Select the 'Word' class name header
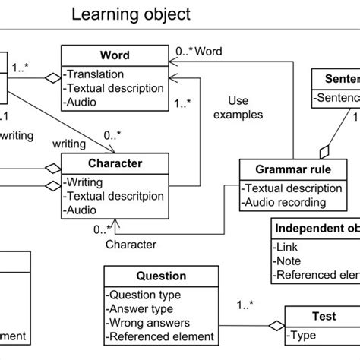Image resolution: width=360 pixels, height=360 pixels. pyautogui.click(x=114, y=55)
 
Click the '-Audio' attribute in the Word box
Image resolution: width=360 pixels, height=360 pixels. pyautogui.click(x=84, y=101)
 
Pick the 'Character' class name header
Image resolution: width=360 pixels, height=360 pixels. pyautogui.click(x=114, y=163)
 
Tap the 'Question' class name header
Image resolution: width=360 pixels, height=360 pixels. pyautogui.click(x=160, y=276)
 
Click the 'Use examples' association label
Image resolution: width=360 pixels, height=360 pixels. pyautogui.click(x=244, y=107)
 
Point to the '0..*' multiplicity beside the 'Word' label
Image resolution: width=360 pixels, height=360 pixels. pyautogui.click(x=185, y=51)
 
